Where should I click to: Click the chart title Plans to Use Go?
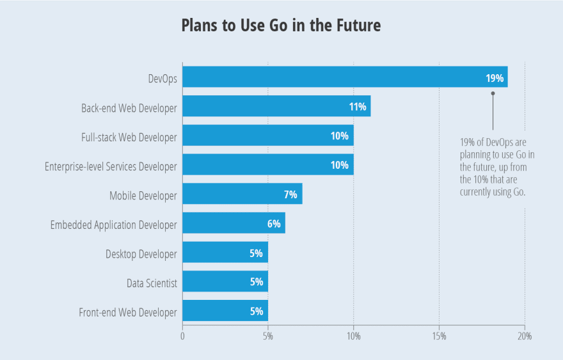point(281,26)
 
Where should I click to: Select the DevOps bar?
point(345,77)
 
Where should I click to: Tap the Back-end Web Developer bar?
point(276,107)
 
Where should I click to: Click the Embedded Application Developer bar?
point(234,224)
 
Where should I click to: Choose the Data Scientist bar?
point(225,282)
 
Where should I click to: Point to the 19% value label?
point(495,78)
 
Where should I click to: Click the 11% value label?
point(358,107)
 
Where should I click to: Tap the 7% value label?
point(290,194)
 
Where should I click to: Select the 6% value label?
point(274,224)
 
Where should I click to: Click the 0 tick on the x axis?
point(182,336)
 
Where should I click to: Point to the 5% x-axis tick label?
point(268,336)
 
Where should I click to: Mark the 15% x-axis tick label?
point(439,336)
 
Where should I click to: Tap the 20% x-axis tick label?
point(525,336)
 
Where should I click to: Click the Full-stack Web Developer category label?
point(129,137)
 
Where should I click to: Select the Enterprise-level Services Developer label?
point(111,166)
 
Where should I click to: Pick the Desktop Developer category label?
point(141,254)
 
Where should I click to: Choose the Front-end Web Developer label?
point(127,312)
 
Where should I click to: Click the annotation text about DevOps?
point(493,166)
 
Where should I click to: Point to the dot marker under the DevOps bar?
point(493,93)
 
